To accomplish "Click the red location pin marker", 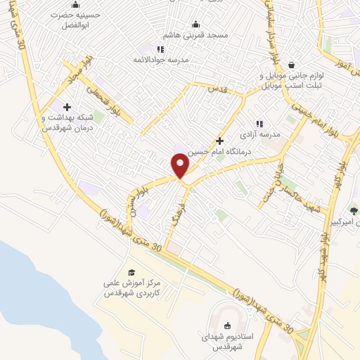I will (x=181, y=165).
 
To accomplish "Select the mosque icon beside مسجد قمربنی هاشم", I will (x=195, y=25).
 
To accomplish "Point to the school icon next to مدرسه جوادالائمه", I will (x=160, y=49).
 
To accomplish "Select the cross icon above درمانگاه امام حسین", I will (x=220, y=140).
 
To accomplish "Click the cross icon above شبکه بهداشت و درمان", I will (x=67, y=107).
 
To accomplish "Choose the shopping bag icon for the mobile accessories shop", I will (x=290, y=65).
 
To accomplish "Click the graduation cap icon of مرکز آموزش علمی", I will (x=131, y=272).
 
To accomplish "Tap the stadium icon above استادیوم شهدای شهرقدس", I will (x=226, y=325).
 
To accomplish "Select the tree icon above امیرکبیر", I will (x=354, y=210).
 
